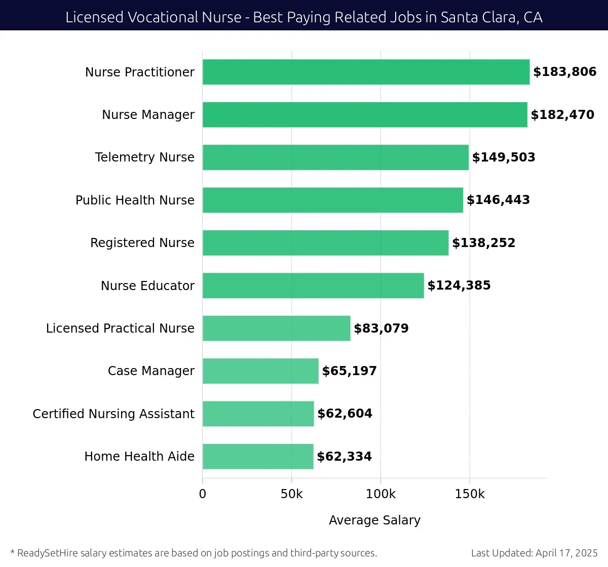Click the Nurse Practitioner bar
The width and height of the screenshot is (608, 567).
(x=366, y=72)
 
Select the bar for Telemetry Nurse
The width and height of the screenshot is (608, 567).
(x=335, y=157)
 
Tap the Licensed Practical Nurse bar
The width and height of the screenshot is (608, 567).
(x=276, y=328)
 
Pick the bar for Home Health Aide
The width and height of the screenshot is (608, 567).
(x=258, y=456)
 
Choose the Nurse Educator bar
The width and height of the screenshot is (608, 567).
(x=313, y=286)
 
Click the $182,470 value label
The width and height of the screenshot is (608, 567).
(x=562, y=115)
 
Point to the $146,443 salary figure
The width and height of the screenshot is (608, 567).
(x=498, y=200)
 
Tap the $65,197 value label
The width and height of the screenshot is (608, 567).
(x=349, y=371)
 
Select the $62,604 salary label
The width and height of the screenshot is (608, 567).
(x=345, y=414)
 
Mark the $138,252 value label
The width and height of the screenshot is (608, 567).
(x=483, y=243)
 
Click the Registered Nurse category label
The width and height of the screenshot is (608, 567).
(x=142, y=243)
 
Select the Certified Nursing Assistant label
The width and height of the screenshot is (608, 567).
(x=113, y=414)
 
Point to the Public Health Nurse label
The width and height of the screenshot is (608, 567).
(x=135, y=200)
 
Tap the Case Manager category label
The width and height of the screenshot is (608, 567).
(x=151, y=371)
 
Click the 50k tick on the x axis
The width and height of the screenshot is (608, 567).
(x=291, y=494)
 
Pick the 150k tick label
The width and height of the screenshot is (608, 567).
(x=470, y=494)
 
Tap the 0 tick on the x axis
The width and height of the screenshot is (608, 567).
(x=203, y=494)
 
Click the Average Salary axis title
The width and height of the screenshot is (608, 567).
(x=374, y=520)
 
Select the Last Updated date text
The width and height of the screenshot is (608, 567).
(x=534, y=553)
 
